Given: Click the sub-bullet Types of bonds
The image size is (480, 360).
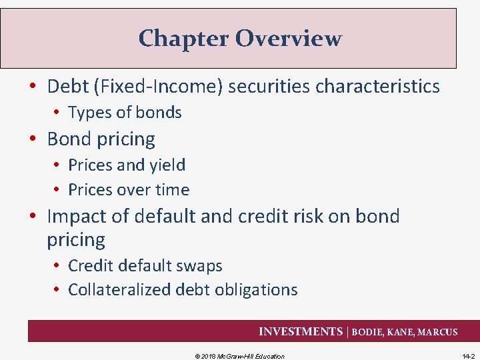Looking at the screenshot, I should (x=125, y=113).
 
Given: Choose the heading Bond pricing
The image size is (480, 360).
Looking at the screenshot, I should (x=101, y=139).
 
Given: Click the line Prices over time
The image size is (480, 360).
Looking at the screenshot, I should (x=129, y=190).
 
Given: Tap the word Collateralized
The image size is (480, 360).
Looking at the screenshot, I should (x=119, y=290).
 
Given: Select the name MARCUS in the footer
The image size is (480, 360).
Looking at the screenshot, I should (x=437, y=332).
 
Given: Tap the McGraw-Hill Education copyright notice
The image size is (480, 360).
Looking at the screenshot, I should (x=239, y=356).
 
